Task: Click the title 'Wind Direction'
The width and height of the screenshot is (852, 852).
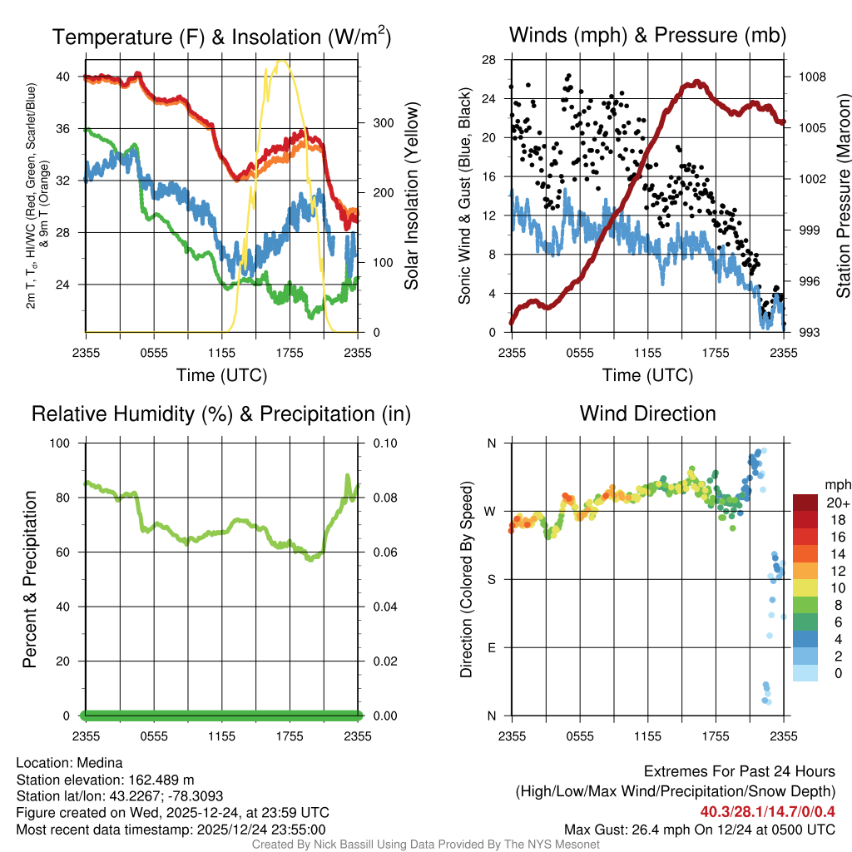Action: coord(647,414)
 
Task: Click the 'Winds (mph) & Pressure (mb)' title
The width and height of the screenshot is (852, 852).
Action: coord(647,36)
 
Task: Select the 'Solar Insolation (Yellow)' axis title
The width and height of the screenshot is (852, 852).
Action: coord(411,196)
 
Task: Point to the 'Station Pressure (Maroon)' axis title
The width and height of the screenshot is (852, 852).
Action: coord(842,196)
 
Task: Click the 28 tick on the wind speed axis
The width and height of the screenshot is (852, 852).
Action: coord(489,59)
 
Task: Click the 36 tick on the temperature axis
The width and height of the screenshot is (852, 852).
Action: coord(70,128)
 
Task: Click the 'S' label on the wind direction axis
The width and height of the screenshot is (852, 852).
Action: coord(491,579)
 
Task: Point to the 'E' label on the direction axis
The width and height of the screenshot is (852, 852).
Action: coord(491,647)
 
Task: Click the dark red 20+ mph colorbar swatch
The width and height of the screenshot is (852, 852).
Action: coord(805,503)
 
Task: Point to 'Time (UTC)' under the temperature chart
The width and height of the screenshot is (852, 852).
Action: coord(221,375)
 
